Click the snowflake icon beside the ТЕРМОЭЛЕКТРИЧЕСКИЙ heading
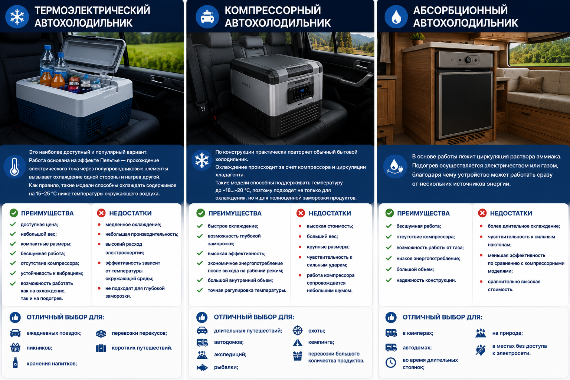[17, 17]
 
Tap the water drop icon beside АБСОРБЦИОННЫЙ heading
[396, 17]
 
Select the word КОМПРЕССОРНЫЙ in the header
[272, 10]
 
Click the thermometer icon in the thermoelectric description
[14, 167]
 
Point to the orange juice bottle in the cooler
[58, 79]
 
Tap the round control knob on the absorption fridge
[468, 60]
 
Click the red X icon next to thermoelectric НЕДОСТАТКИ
[101, 213]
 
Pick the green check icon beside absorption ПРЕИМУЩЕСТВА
[390, 213]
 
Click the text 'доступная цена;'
[39, 225]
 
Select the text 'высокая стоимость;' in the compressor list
[330, 226]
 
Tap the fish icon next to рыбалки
[202, 367]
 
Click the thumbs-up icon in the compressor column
[202, 317]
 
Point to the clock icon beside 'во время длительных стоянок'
[391, 363]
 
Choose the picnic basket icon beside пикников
[15, 347]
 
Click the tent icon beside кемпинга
[298, 342]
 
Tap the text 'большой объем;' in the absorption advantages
[415, 269]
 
